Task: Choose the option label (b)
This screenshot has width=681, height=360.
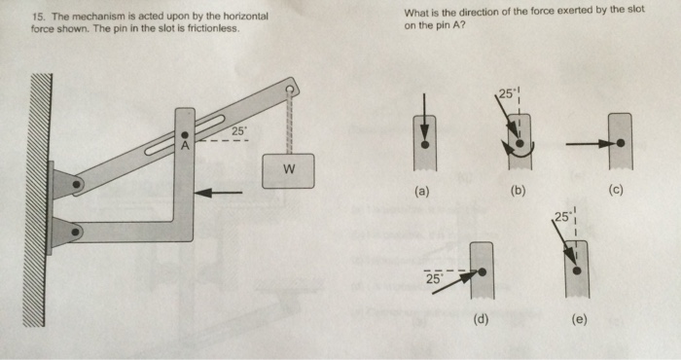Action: click(x=518, y=191)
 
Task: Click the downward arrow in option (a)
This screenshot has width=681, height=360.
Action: click(x=424, y=115)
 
